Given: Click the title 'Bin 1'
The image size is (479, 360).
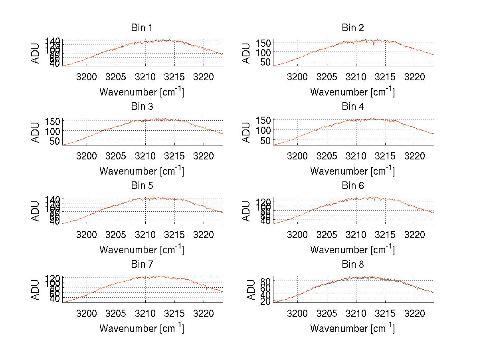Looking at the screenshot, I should (x=141, y=28).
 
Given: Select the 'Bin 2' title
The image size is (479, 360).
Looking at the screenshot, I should (x=353, y=28).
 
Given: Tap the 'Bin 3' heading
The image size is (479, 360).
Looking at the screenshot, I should (x=141, y=107).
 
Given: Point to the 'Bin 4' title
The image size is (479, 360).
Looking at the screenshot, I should (x=353, y=107).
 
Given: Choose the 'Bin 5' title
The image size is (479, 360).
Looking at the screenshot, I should (x=141, y=186).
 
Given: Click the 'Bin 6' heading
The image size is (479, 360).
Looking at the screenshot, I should (x=353, y=186).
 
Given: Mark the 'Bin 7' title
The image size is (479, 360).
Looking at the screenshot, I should (x=141, y=265).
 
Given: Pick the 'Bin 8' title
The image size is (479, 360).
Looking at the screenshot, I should (x=353, y=265).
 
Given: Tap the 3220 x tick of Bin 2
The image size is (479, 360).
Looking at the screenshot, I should (x=415, y=76).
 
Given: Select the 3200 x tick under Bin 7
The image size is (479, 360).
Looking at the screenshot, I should (x=87, y=313).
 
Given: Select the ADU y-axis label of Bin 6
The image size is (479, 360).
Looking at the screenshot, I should (x=247, y=211).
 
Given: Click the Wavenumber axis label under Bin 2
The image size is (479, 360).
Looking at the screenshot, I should (x=352, y=92).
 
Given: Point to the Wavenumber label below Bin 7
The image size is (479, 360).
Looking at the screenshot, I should (x=142, y=328).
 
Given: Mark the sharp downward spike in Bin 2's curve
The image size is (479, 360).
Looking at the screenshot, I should (x=374, y=46).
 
